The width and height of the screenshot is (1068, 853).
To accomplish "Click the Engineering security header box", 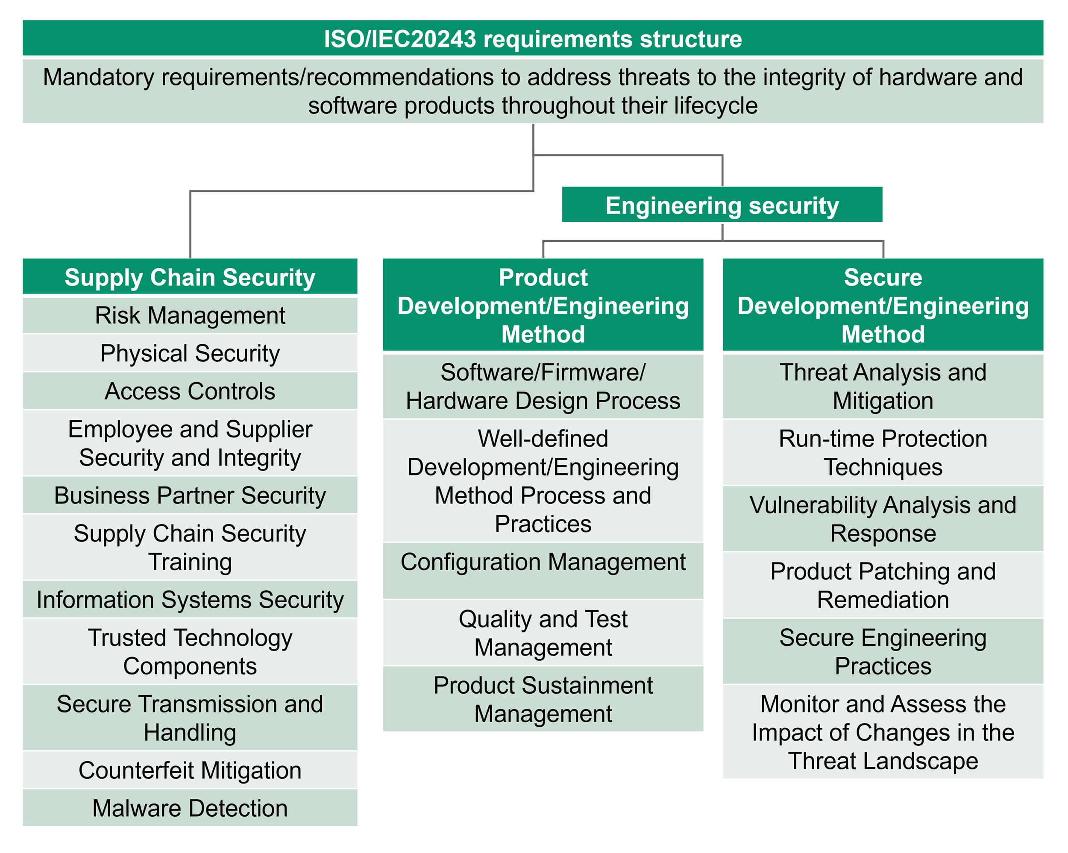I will [722, 205].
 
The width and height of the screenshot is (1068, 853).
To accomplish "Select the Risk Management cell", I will [190, 315].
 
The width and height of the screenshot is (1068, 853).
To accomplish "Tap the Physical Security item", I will [190, 353].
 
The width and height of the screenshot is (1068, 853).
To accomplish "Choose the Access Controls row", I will [190, 391].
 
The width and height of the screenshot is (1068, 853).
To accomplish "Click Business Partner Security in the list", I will [190, 495].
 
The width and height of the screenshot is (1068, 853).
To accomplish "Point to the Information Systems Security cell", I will [190, 599].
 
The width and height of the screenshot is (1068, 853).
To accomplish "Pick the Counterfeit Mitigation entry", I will [190, 770].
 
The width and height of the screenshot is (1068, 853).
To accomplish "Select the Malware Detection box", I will [190, 808].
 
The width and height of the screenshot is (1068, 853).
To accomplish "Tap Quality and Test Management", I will [543, 633].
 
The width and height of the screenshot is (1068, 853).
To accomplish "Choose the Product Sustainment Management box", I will [543, 699].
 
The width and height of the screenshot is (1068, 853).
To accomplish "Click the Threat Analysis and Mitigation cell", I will [883, 387].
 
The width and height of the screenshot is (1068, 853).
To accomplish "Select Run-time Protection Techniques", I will [883, 452].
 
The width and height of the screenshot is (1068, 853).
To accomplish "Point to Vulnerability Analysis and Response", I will [883, 519].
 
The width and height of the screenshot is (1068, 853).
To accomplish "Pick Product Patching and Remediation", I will [883, 585].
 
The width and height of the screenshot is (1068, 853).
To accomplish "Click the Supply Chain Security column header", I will [190, 277].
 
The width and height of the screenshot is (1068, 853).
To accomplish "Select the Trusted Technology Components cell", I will [190, 651].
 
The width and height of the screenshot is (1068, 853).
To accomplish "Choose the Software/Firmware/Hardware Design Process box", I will [543, 387].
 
